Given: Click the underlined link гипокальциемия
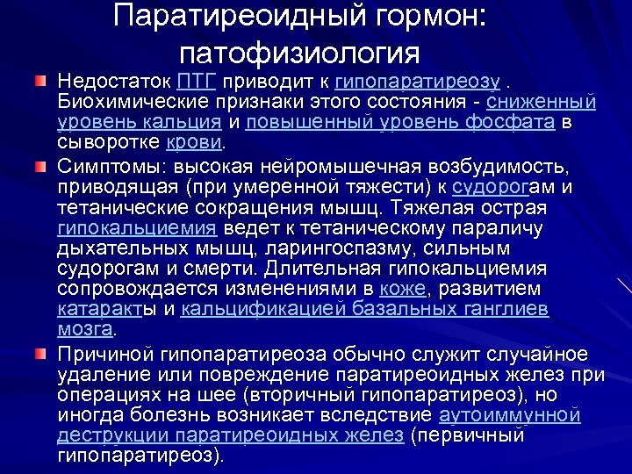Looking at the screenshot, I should click(136, 228).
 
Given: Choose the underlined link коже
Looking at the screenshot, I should click(404, 289).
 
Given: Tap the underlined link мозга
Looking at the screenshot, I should click(85, 328).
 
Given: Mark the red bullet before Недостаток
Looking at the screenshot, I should click(39, 82).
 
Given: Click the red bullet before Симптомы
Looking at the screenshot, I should click(39, 166).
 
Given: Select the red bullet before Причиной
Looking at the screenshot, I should click(39, 353).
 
